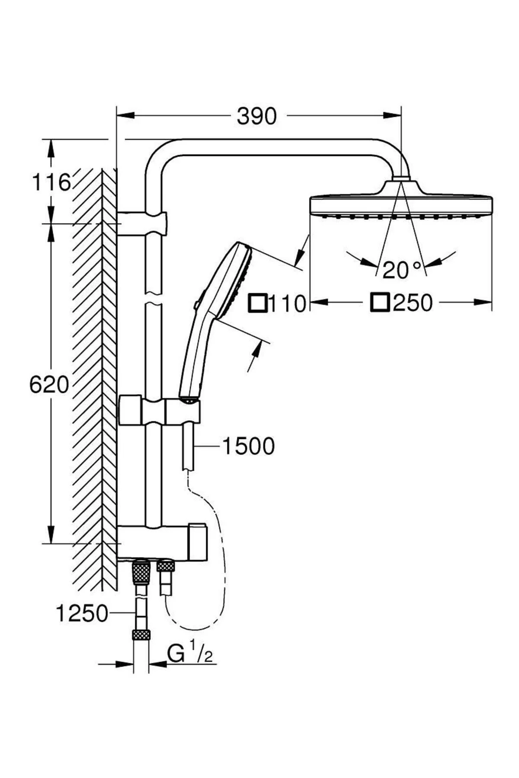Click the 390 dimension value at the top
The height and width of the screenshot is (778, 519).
click(x=256, y=116)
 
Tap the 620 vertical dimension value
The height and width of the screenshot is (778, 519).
click(x=49, y=384)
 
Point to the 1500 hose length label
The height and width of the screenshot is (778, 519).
click(x=248, y=446)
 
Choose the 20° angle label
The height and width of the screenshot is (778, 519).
click(x=401, y=270)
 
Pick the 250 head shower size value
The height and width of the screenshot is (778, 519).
click(x=413, y=303)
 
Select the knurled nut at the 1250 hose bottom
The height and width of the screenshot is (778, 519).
click(x=141, y=635)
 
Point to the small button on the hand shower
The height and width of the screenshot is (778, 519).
click(x=196, y=305)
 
